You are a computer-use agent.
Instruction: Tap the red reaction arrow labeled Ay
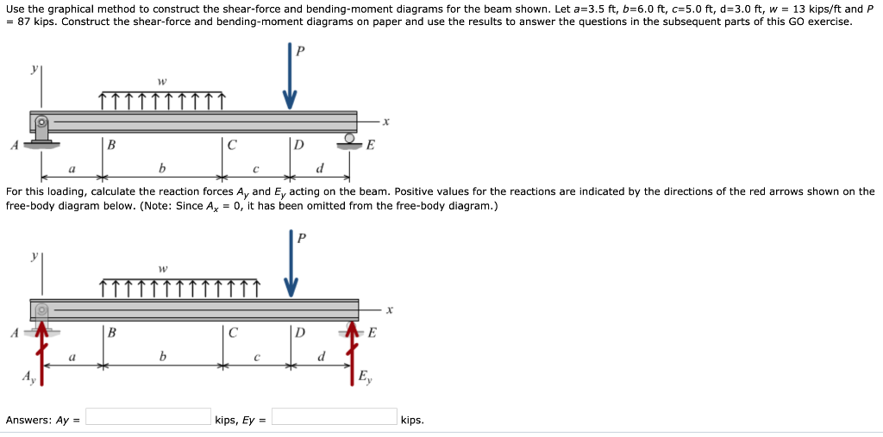pyautogui.click(x=41, y=353)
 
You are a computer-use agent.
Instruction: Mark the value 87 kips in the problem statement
pyautogui.click(x=33, y=22)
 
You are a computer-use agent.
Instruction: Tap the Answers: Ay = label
pyautogui.click(x=43, y=421)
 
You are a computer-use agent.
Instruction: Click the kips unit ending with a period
pyautogui.click(x=412, y=421)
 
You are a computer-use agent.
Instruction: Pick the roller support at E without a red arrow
pyautogui.click(x=350, y=140)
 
